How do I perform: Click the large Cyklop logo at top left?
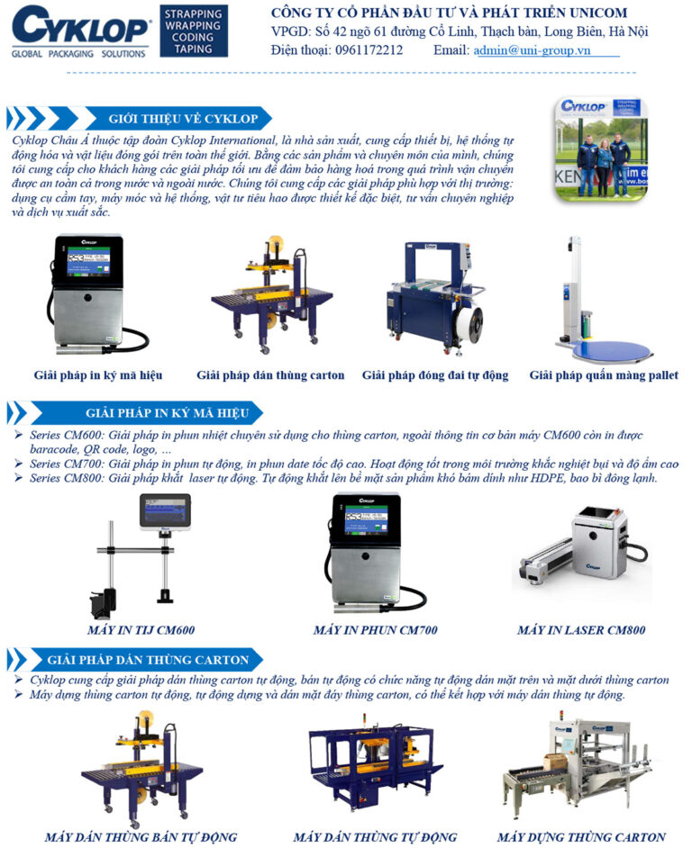[79, 32]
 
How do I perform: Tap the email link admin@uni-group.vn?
[532, 50]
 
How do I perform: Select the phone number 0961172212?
[369, 50]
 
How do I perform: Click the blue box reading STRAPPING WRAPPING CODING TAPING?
[194, 31]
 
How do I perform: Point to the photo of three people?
[600, 149]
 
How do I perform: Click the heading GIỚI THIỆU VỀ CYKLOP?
[183, 119]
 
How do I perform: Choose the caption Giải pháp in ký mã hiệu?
[98, 374]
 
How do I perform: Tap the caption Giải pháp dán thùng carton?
[270, 374]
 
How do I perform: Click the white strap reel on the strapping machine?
[468, 324]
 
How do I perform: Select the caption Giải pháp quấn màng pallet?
[604, 374]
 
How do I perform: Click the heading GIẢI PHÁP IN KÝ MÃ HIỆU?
[167, 413]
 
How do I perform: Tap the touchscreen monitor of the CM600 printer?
[165, 511]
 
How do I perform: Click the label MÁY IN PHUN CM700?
[375, 629]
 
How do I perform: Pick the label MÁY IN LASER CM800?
[581, 629]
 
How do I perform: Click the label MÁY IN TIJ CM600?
[141, 629]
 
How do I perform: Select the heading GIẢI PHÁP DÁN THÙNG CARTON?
[148, 660]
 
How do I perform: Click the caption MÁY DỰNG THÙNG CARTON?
[581, 837]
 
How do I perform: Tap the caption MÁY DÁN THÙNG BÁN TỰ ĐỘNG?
[141, 837]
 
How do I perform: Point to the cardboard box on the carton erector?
[555, 762]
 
